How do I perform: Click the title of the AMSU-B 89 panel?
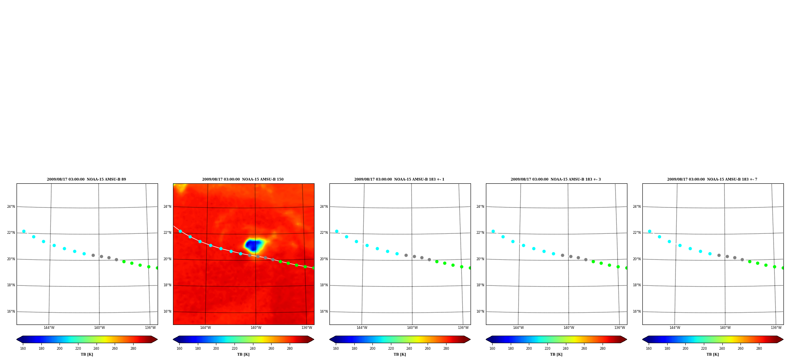[x=86, y=179]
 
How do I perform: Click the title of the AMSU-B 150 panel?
[x=243, y=179]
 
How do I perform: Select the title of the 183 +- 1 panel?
[x=399, y=179]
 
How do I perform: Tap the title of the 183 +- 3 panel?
[x=556, y=179]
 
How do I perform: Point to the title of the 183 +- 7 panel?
[x=712, y=179]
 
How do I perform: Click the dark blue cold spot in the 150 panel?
[x=253, y=246]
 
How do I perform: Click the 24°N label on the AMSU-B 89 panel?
[x=11, y=207]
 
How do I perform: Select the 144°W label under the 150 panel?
[x=205, y=328]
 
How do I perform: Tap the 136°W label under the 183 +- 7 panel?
[x=776, y=328]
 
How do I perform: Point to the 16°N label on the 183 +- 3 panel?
[x=480, y=312]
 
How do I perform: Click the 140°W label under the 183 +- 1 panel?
[x=412, y=328]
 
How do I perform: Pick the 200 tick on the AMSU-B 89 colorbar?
[x=60, y=349]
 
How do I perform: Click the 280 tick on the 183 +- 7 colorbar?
[x=759, y=349]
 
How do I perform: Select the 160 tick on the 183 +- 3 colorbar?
[x=492, y=349]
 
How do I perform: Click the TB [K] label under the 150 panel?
[x=243, y=354]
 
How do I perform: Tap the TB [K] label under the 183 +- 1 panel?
[x=400, y=354]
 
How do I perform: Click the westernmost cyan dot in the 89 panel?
[x=24, y=231]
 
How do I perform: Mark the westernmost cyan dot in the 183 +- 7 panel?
[x=649, y=231]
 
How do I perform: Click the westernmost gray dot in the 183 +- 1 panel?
[x=406, y=255]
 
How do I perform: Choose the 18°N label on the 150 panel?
[x=167, y=285]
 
